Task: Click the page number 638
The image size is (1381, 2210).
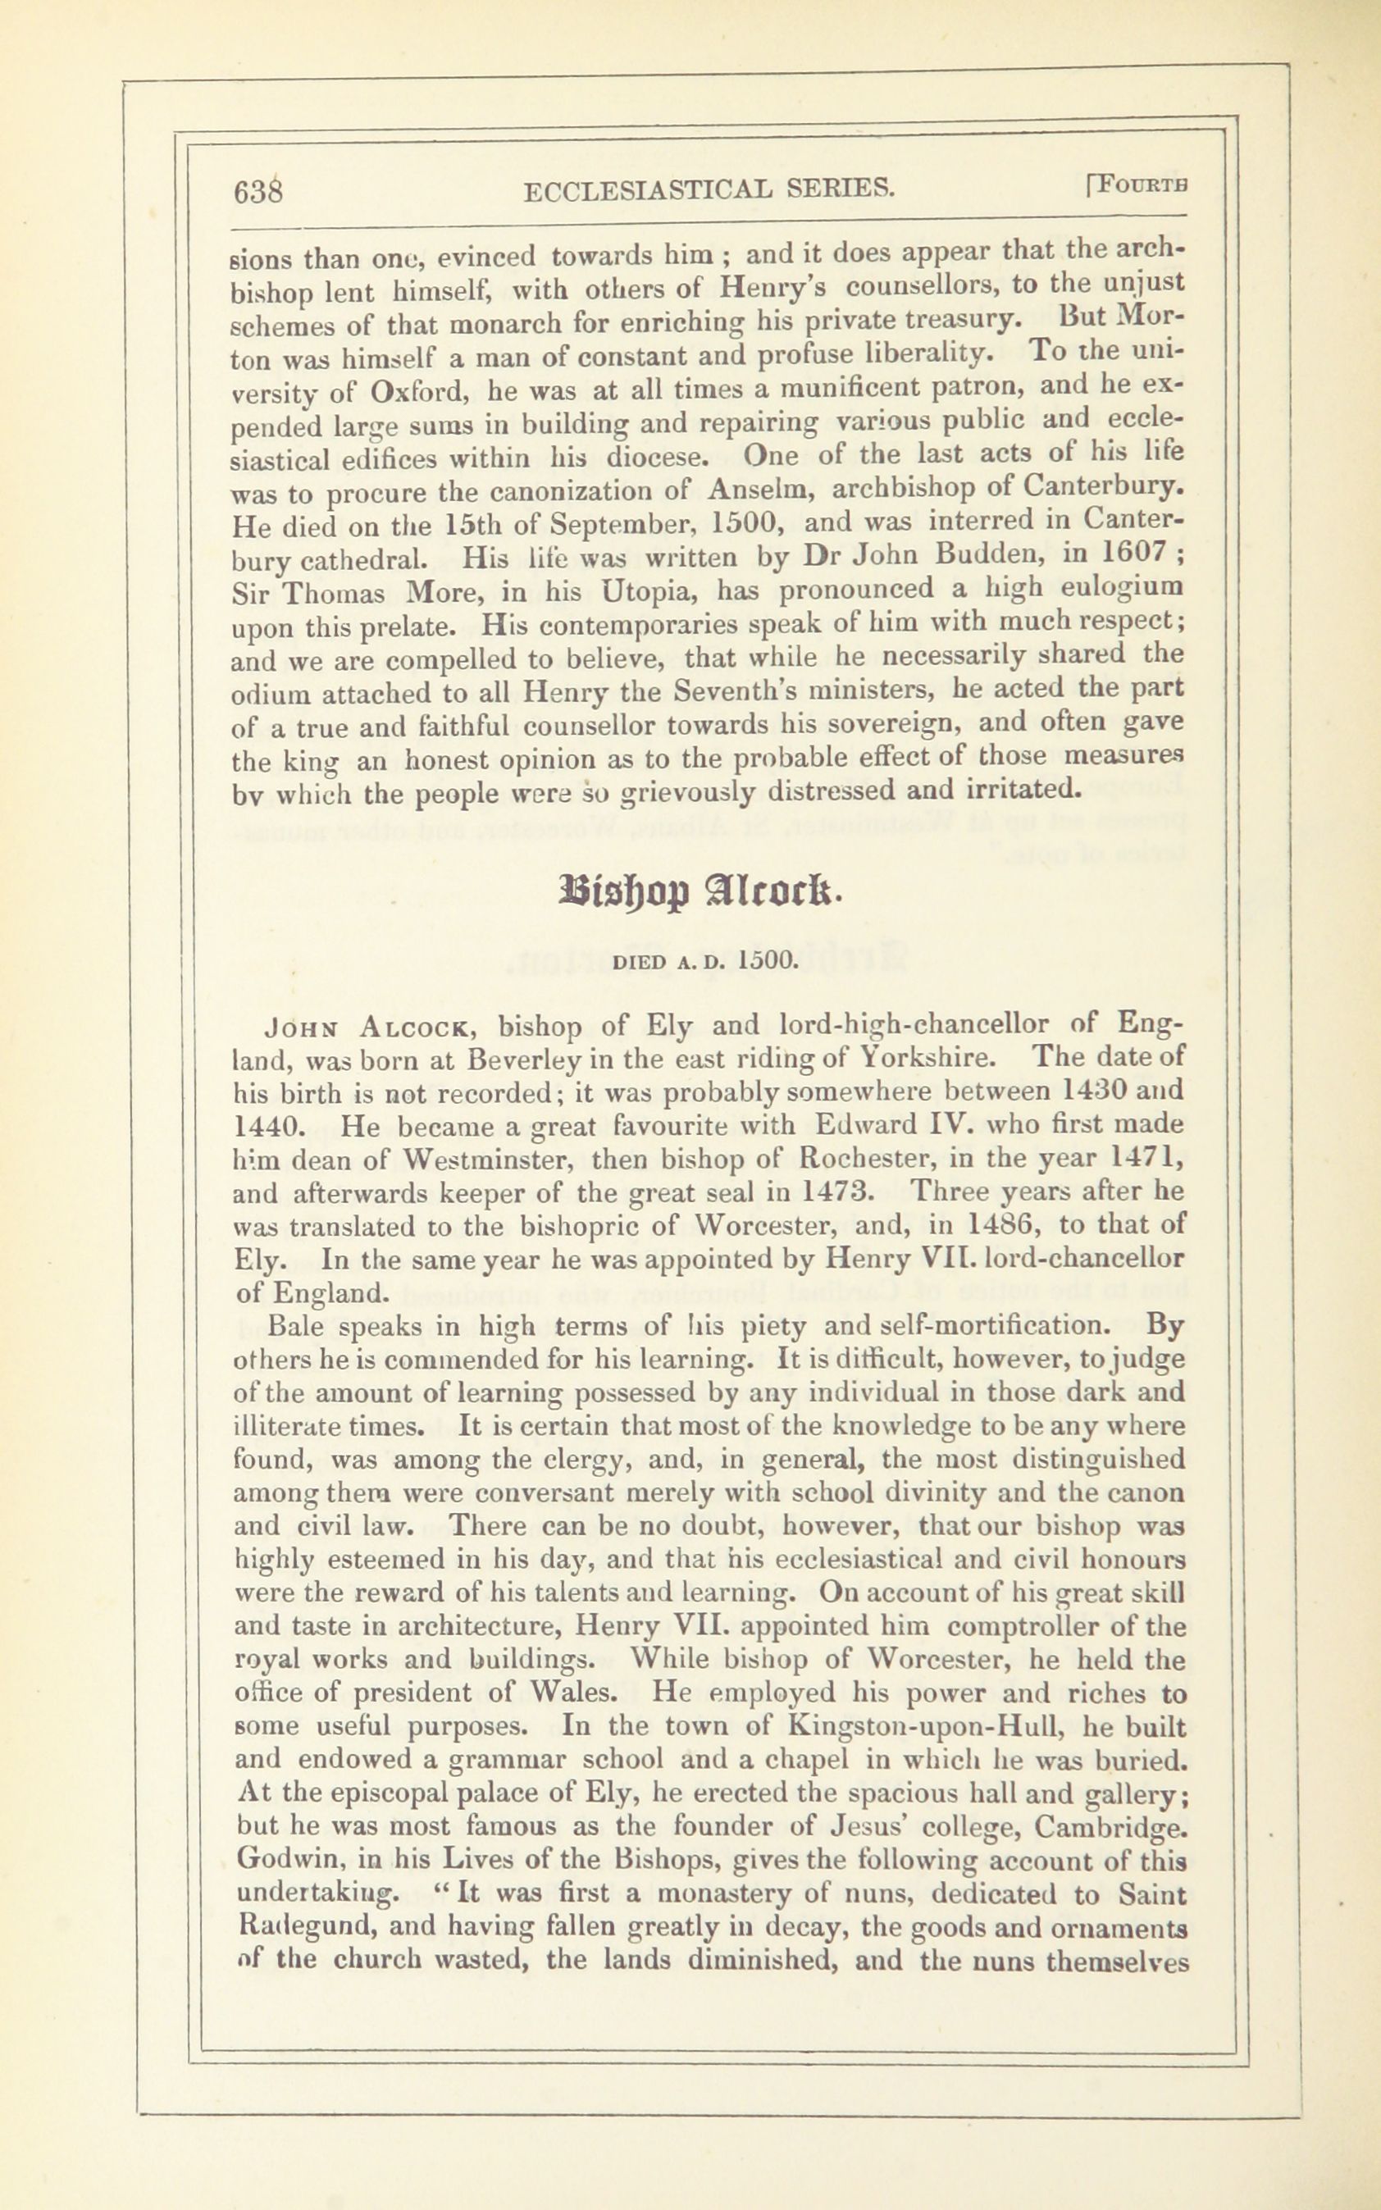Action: (x=260, y=192)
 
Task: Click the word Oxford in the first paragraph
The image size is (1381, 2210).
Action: (x=420, y=391)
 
